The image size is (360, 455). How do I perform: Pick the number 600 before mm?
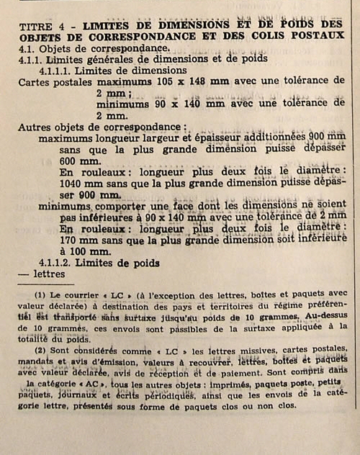click(72, 161)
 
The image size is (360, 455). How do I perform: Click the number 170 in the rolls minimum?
click(71, 240)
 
